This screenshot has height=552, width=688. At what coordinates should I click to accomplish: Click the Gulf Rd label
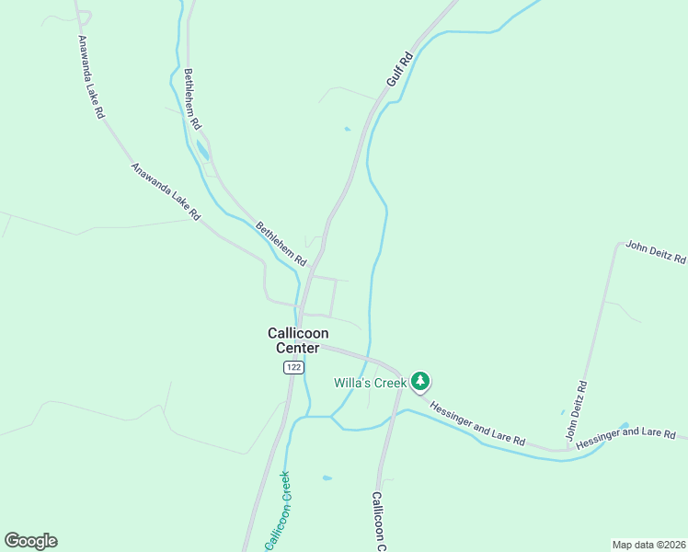pyautogui.click(x=400, y=70)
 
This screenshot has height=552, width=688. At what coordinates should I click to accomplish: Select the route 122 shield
pyautogui.click(x=292, y=367)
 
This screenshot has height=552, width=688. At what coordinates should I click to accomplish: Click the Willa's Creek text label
pyautogui.click(x=370, y=382)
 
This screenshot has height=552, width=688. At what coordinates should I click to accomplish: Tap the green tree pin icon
pyautogui.click(x=420, y=380)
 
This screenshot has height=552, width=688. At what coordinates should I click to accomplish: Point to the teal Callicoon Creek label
pyautogui.click(x=278, y=511)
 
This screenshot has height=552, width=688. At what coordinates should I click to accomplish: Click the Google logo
pyautogui.click(x=30, y=541)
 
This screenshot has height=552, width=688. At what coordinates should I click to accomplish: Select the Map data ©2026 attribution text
pyautogui.click(x=648, y=545)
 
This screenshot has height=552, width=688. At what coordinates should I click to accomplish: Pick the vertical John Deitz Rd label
pyautogui.click(x=575, y=410)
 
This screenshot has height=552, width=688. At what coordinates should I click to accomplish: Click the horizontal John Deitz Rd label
pyautogui.click(x=656, y=251)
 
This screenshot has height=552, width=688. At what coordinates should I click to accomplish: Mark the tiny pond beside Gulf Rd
pyautogui.click(x=347, y=129)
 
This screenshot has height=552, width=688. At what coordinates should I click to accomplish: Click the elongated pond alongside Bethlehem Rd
pyautogui.click(x=202, y=150)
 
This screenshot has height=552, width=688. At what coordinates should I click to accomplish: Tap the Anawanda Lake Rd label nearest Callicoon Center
pyautogui.click(x=165, y=191)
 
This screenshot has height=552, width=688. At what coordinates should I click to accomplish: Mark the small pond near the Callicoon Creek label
pyautogui.click(x=327, y=478)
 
